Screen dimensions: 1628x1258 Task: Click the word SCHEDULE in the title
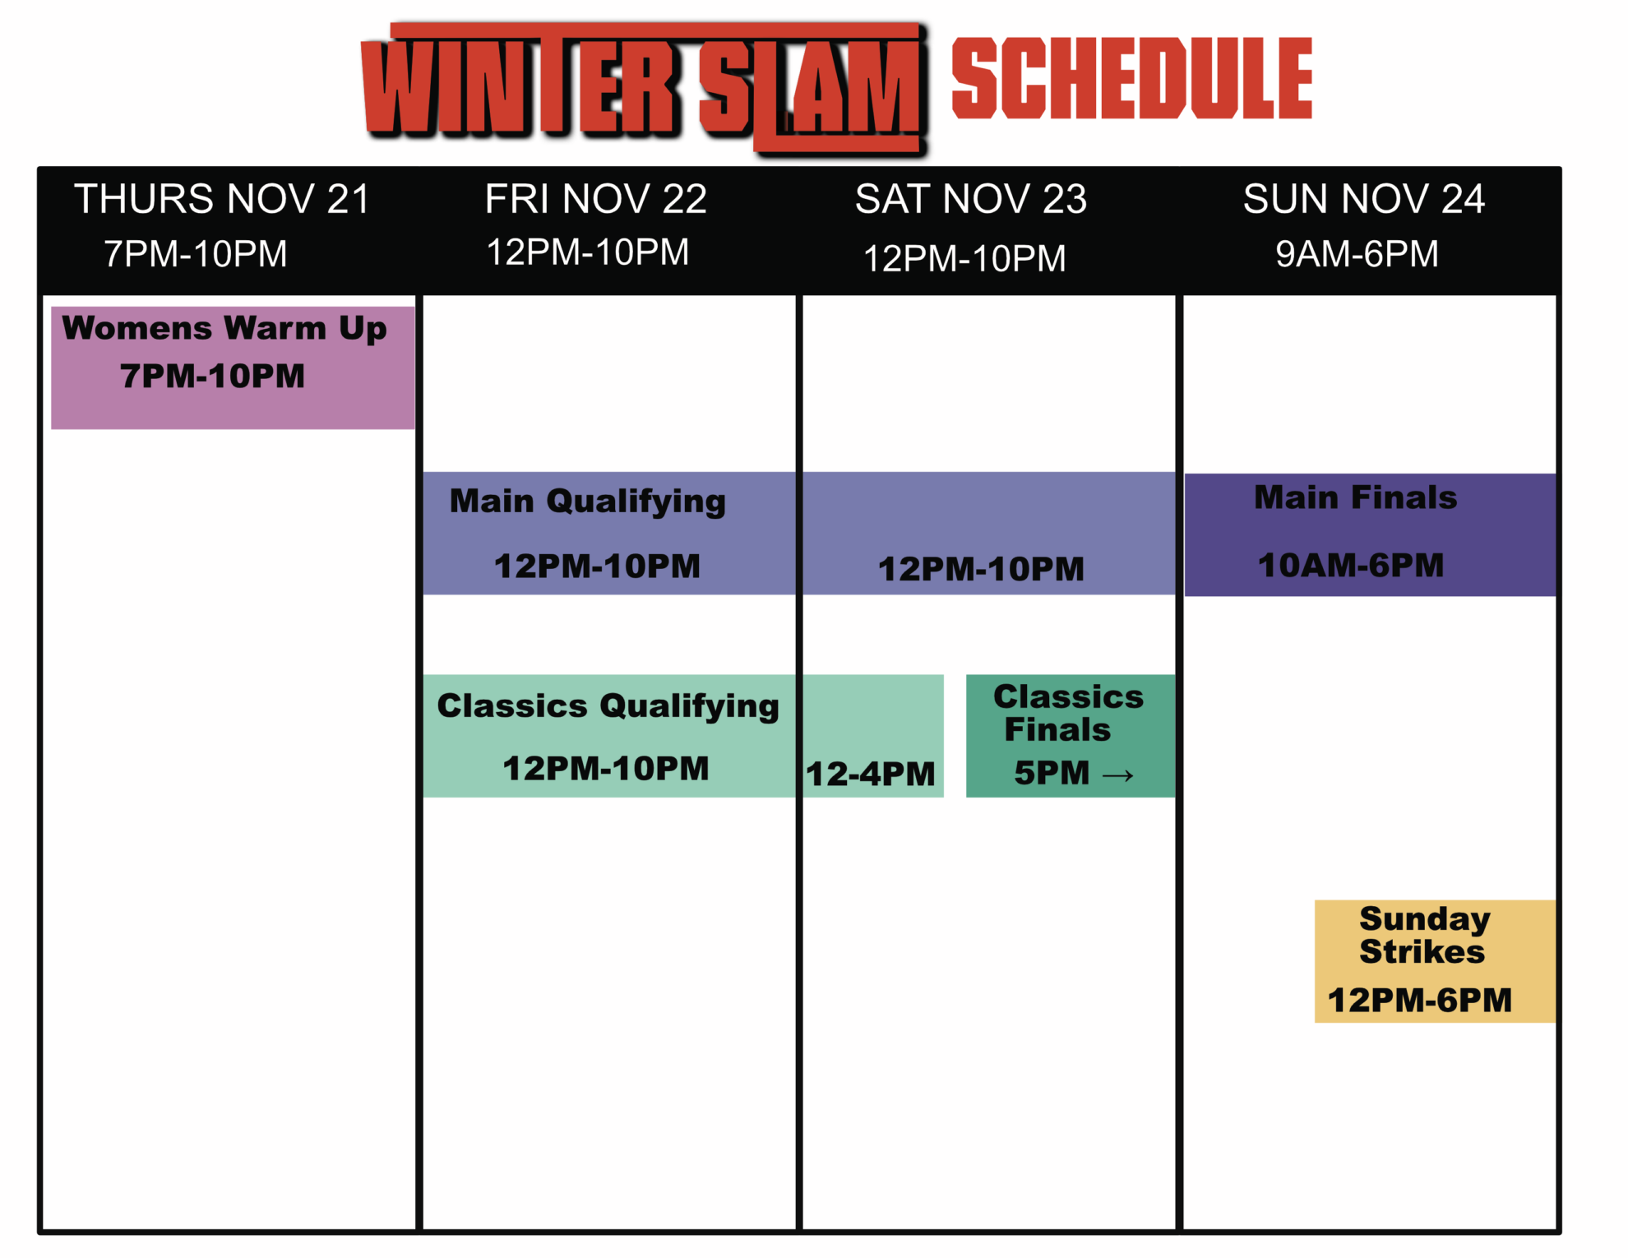tap(1132, 78)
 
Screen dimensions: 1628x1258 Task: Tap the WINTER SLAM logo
tap(645, 88)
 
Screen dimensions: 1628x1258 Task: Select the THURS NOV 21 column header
tap(222, 199)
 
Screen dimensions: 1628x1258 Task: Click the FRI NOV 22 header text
tap(596, 199)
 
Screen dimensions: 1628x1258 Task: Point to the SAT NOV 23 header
tap(971, 199)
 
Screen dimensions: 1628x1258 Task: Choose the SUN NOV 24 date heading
tap(1364, 199)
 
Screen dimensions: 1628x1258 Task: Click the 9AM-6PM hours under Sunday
tap(1357, 254)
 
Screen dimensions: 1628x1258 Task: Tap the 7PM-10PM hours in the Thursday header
tap(196, 254)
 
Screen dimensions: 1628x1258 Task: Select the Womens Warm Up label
tap(224, 329)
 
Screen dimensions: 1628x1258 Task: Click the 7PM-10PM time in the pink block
tap(212, 377)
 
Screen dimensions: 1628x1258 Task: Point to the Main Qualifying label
tap(588, 502)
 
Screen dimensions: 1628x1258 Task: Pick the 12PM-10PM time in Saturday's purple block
tap(981, 569)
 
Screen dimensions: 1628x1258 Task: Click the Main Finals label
tap(1356, 497)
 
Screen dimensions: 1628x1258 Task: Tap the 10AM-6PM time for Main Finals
tap(1351, 566)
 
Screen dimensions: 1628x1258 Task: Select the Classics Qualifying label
tap(608, 706)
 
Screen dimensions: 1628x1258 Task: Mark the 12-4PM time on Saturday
tap(871, 775)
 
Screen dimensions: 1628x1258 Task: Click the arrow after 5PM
tap(1118, 775)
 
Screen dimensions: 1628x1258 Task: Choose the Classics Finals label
tap(1068, 713)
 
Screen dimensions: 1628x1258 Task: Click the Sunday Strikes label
tap(1424, 935)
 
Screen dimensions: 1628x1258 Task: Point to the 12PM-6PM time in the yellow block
tap(1420, 1001)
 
